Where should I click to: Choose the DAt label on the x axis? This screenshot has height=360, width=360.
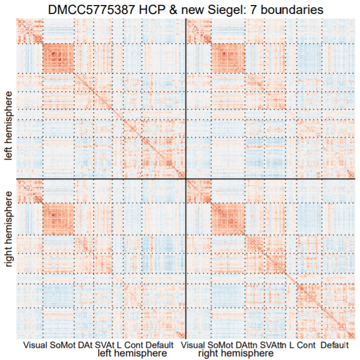(85, 345)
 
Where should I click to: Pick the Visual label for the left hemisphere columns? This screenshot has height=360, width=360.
(35, 345)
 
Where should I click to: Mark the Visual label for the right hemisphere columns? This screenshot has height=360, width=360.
(194, 345)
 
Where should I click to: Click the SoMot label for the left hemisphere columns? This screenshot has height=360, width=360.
(63, 345)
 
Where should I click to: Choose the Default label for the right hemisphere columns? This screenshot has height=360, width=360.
(335, 345)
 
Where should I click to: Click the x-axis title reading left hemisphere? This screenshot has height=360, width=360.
(132, 353)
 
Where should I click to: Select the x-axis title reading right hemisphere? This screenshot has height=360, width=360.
(236, 353)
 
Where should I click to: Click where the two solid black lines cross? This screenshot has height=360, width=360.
(185, 179)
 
